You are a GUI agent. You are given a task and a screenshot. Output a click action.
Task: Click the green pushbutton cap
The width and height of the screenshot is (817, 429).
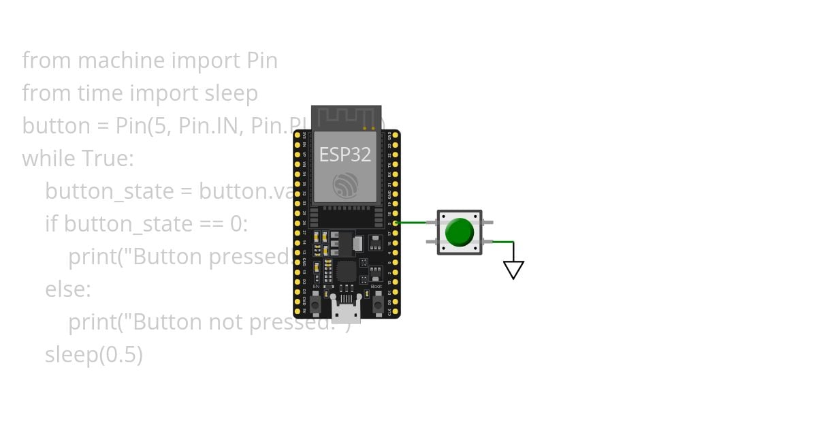[459, 232]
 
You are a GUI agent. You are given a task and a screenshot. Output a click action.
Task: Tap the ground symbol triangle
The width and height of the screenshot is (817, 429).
[513, 270]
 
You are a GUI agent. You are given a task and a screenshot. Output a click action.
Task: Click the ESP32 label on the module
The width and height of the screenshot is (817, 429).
[345, 155]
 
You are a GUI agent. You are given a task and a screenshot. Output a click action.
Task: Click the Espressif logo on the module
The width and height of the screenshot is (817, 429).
[345, 185]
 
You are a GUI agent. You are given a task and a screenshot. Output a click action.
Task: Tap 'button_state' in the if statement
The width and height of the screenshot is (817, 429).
[127, 224]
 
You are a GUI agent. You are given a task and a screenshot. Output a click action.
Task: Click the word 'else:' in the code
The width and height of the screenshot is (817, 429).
[67, 289]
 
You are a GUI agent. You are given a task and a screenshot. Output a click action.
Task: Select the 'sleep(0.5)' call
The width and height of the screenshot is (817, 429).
[94, 355]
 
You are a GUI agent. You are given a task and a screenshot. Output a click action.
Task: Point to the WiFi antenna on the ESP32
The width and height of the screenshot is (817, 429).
[346, 116]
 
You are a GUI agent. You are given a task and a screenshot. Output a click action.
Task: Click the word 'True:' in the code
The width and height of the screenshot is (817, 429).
[108, 159]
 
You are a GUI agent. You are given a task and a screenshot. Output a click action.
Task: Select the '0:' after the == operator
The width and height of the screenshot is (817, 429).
[238, 224]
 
